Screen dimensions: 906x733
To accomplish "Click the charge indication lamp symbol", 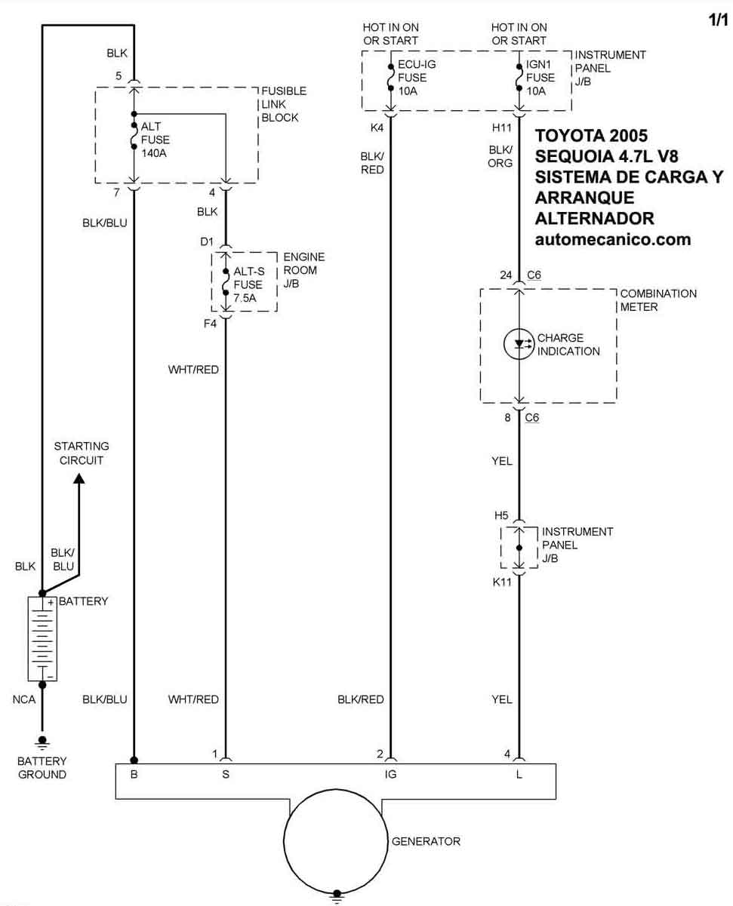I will (519, 344).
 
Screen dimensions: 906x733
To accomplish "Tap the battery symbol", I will (42, 638).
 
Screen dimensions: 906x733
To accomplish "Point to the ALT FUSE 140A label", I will (155, 140).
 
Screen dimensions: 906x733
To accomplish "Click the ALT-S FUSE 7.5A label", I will (248, 284).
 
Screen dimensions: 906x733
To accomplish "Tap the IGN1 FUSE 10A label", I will (541, 78).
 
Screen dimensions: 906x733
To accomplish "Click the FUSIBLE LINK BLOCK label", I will (283, 104).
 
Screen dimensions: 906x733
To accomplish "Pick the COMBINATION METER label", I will (648, 300).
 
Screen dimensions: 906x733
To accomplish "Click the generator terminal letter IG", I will (390, 773).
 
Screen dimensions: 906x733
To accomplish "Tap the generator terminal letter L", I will (519, 773).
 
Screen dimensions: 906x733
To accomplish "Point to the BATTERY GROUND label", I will (42, 768).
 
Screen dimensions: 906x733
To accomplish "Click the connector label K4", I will (377, 127).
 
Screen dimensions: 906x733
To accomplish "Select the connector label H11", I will (502, 127).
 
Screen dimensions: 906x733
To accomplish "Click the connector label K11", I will (502, 582).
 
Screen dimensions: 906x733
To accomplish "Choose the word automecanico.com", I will (613, 239).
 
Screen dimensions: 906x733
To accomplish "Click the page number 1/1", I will (718, 21).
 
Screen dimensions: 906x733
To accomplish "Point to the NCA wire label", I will (24, 699).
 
